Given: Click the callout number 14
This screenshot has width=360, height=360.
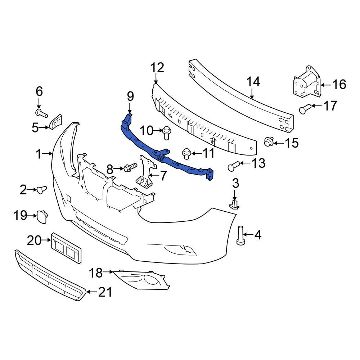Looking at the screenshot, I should click(253, 82).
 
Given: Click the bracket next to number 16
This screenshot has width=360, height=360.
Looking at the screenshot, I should click(306, 83).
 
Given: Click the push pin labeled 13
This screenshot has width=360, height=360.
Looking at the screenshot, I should click(233, 166).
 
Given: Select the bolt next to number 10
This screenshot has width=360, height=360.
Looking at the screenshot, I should click(166, 132).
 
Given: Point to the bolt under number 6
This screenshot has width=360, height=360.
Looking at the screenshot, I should click(42, 114).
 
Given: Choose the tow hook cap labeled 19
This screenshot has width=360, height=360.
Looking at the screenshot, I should click(42, 216).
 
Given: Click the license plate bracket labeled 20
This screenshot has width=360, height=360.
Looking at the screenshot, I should click(66, 248).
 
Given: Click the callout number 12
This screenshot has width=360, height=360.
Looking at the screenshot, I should click(157, 68).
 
